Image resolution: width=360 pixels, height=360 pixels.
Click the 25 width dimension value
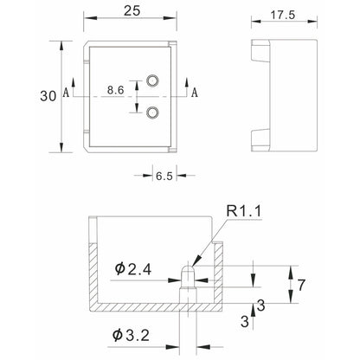pos(132,11)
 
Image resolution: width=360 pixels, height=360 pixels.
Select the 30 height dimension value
pos(48,96)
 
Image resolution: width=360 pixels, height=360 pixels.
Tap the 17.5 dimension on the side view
pos(283,15)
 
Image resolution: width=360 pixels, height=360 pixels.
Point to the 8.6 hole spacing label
pos(115,90)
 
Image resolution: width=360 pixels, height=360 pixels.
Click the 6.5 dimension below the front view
pos(164,176)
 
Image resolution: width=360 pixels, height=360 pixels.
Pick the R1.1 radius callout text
pos(244,211)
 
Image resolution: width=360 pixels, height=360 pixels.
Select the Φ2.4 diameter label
pos(133,270)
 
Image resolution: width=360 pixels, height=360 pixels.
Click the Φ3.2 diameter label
pos(131,336)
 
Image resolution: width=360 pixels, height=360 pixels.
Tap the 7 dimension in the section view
pos(301,285)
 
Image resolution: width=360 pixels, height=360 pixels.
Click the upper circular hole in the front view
pos(152,80)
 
